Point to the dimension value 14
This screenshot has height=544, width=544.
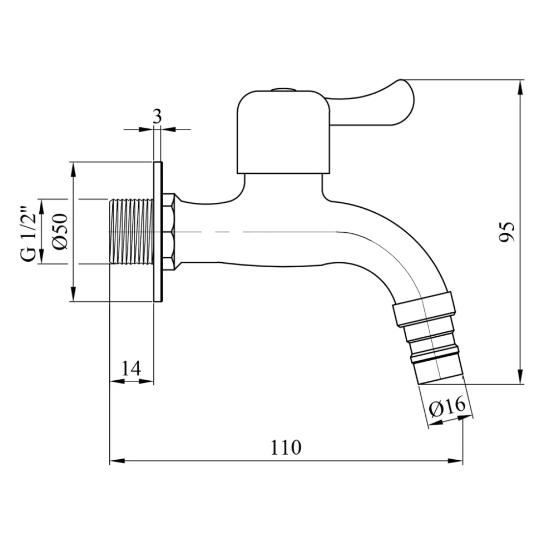click(132, 368)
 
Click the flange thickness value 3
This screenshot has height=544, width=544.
click(157, 116)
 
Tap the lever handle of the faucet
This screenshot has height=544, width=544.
click(377, 100)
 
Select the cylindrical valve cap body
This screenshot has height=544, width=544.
click(284, 132)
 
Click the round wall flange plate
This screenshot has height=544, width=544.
click(157, 231)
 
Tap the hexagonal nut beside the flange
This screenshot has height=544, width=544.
click(169, 231)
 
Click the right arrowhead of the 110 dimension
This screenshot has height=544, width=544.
click(458, 461)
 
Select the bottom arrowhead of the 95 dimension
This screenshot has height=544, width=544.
click(519, 379)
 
